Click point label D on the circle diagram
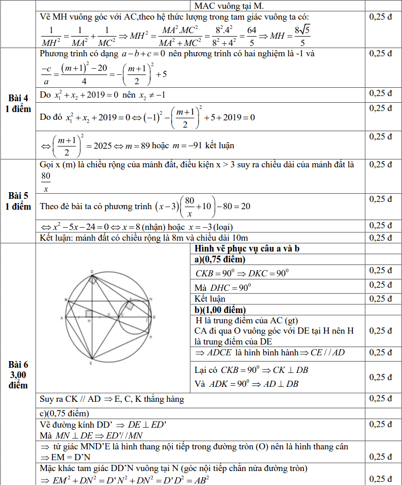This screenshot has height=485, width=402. [x=92, y=271]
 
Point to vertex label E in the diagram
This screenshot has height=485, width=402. [x=91, y=363]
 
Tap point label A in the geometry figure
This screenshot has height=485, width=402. [x=61, y=318]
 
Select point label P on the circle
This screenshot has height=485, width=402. [x=150, y=336]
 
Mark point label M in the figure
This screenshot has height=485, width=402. [x=66, y=300]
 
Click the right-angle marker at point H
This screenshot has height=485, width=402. [x=89, y=313]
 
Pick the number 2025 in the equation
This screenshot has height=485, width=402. [x=104, y=146]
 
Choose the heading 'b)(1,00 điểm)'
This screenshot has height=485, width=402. [x=220, y=310]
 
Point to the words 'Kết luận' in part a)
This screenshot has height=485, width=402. [x=210, y=299]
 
